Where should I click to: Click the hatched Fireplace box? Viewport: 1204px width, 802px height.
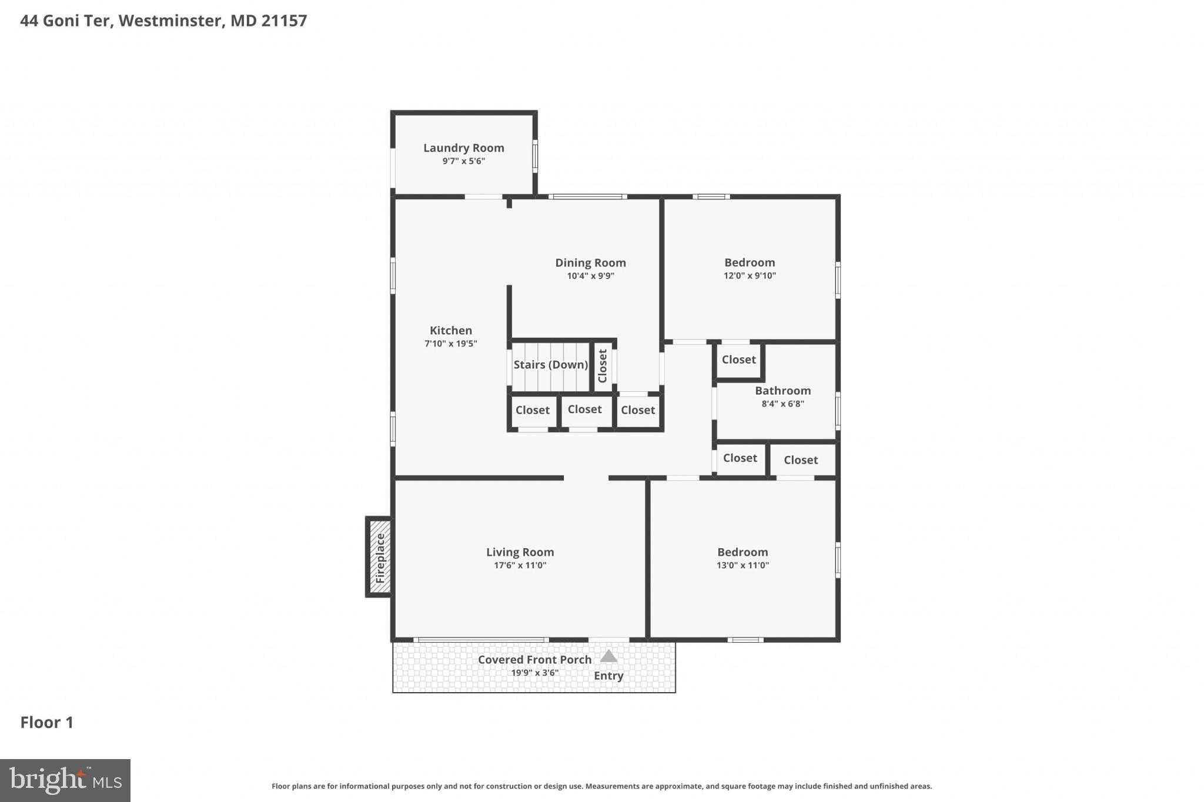379,557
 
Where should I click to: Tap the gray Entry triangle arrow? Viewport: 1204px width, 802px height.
608,656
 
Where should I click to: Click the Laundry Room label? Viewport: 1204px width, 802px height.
464,148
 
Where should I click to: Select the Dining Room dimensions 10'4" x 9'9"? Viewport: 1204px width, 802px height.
590,276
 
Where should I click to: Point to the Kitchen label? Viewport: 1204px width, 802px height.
451,330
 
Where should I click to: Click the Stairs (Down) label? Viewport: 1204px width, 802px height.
551,365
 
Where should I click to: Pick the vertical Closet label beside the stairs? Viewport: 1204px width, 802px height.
602,366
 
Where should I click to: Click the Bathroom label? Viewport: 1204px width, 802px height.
783,391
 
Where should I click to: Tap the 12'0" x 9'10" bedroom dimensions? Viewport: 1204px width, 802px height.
750,276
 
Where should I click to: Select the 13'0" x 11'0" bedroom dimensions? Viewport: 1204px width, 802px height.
743,565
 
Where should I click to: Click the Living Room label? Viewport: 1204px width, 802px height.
520,552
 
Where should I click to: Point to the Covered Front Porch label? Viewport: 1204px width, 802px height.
535,660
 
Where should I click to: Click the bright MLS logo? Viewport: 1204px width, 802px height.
65,780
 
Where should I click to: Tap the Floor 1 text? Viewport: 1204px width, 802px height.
47,723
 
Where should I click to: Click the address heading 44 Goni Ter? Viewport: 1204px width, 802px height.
66,21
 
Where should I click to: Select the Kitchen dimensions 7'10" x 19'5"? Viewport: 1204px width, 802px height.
451,344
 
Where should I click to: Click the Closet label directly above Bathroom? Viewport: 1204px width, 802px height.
739,360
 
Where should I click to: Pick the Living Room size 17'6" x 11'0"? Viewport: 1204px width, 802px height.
520,565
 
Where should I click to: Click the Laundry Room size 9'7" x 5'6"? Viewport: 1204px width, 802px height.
464,161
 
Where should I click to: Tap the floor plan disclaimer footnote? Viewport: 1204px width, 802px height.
601,786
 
